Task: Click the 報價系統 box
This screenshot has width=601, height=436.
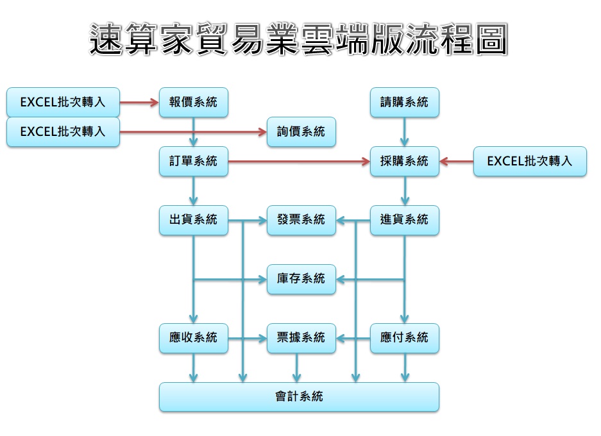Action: click(x=193, y=102)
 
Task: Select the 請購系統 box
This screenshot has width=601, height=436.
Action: click(x=404, y=102)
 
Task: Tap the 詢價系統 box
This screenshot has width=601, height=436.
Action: click(x=301, y=131)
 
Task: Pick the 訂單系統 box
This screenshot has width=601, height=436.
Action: click(x=193, y=161)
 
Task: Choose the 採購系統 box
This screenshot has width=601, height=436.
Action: click(x=404, y=161)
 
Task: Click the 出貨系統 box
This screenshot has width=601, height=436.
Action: click(x=193, y=220)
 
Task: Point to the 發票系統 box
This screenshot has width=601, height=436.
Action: click(x=301, y=220)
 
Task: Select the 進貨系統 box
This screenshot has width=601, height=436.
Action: click(x=404, y=220)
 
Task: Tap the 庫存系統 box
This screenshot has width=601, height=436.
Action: click(x=301, y=279)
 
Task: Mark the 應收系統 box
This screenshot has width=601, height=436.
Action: click(x=193, y=337)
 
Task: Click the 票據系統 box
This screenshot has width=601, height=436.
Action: click(x=301, y=337)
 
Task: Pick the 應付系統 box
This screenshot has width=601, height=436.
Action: click(x=404, y=337)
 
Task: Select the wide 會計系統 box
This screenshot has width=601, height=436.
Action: click(x=299, y=397)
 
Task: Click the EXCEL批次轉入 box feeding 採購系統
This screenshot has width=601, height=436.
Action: click(x=530, y=161)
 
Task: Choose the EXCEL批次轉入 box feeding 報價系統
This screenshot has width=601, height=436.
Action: click(x=63, y=102)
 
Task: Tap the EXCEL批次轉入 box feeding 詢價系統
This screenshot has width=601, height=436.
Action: click(x=63, y=131)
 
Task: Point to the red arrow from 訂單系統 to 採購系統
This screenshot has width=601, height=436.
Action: click(x=299, y=161)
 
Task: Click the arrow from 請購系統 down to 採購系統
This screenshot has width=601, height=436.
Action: click(x=404, y=132)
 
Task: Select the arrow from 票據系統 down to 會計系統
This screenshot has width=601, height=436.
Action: click(x=296, y=367)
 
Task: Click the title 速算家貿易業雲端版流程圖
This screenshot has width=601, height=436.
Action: click(x=299, y=40)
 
